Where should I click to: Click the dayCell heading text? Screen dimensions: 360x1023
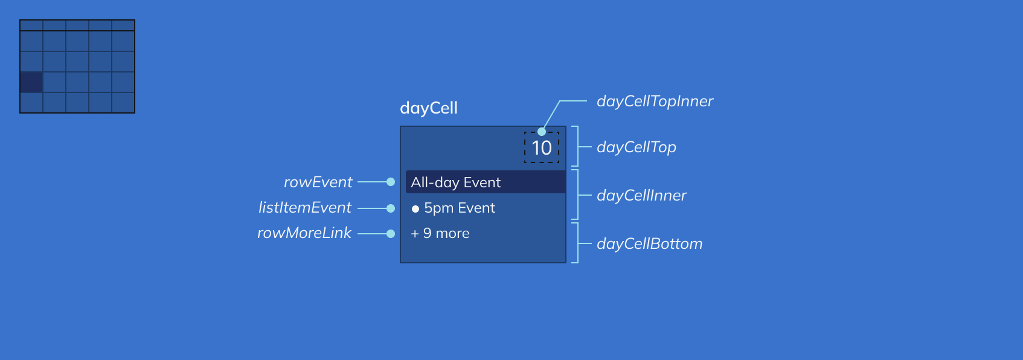[429, 108]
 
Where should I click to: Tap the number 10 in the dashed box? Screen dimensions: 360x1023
[542, 148]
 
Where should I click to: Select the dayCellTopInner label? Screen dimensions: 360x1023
[655, 101]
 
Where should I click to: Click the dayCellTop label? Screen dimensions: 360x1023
[636, 147]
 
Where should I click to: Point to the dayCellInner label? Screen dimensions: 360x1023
[641, 195]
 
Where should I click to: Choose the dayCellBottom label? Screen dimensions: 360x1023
[649, 243]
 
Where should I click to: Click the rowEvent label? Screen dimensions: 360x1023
[318, 182]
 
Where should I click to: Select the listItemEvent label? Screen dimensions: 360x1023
[304, 207]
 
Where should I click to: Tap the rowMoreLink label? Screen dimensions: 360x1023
[304, 233]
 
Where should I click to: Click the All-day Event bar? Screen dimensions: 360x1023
[486, 182]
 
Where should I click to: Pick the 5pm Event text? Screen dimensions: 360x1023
[459, 208]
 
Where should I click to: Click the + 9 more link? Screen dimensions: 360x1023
[440, 233]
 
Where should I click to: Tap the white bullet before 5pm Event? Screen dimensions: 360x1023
[415, 209]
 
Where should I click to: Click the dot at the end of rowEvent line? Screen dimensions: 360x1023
[391, 182]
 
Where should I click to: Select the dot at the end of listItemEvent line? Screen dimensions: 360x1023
[391, 208]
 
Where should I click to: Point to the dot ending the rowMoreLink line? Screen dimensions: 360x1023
[391, 234]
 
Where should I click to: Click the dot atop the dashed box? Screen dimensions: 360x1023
[542, 132]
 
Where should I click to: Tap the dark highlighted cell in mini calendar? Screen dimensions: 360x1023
[31, 82]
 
